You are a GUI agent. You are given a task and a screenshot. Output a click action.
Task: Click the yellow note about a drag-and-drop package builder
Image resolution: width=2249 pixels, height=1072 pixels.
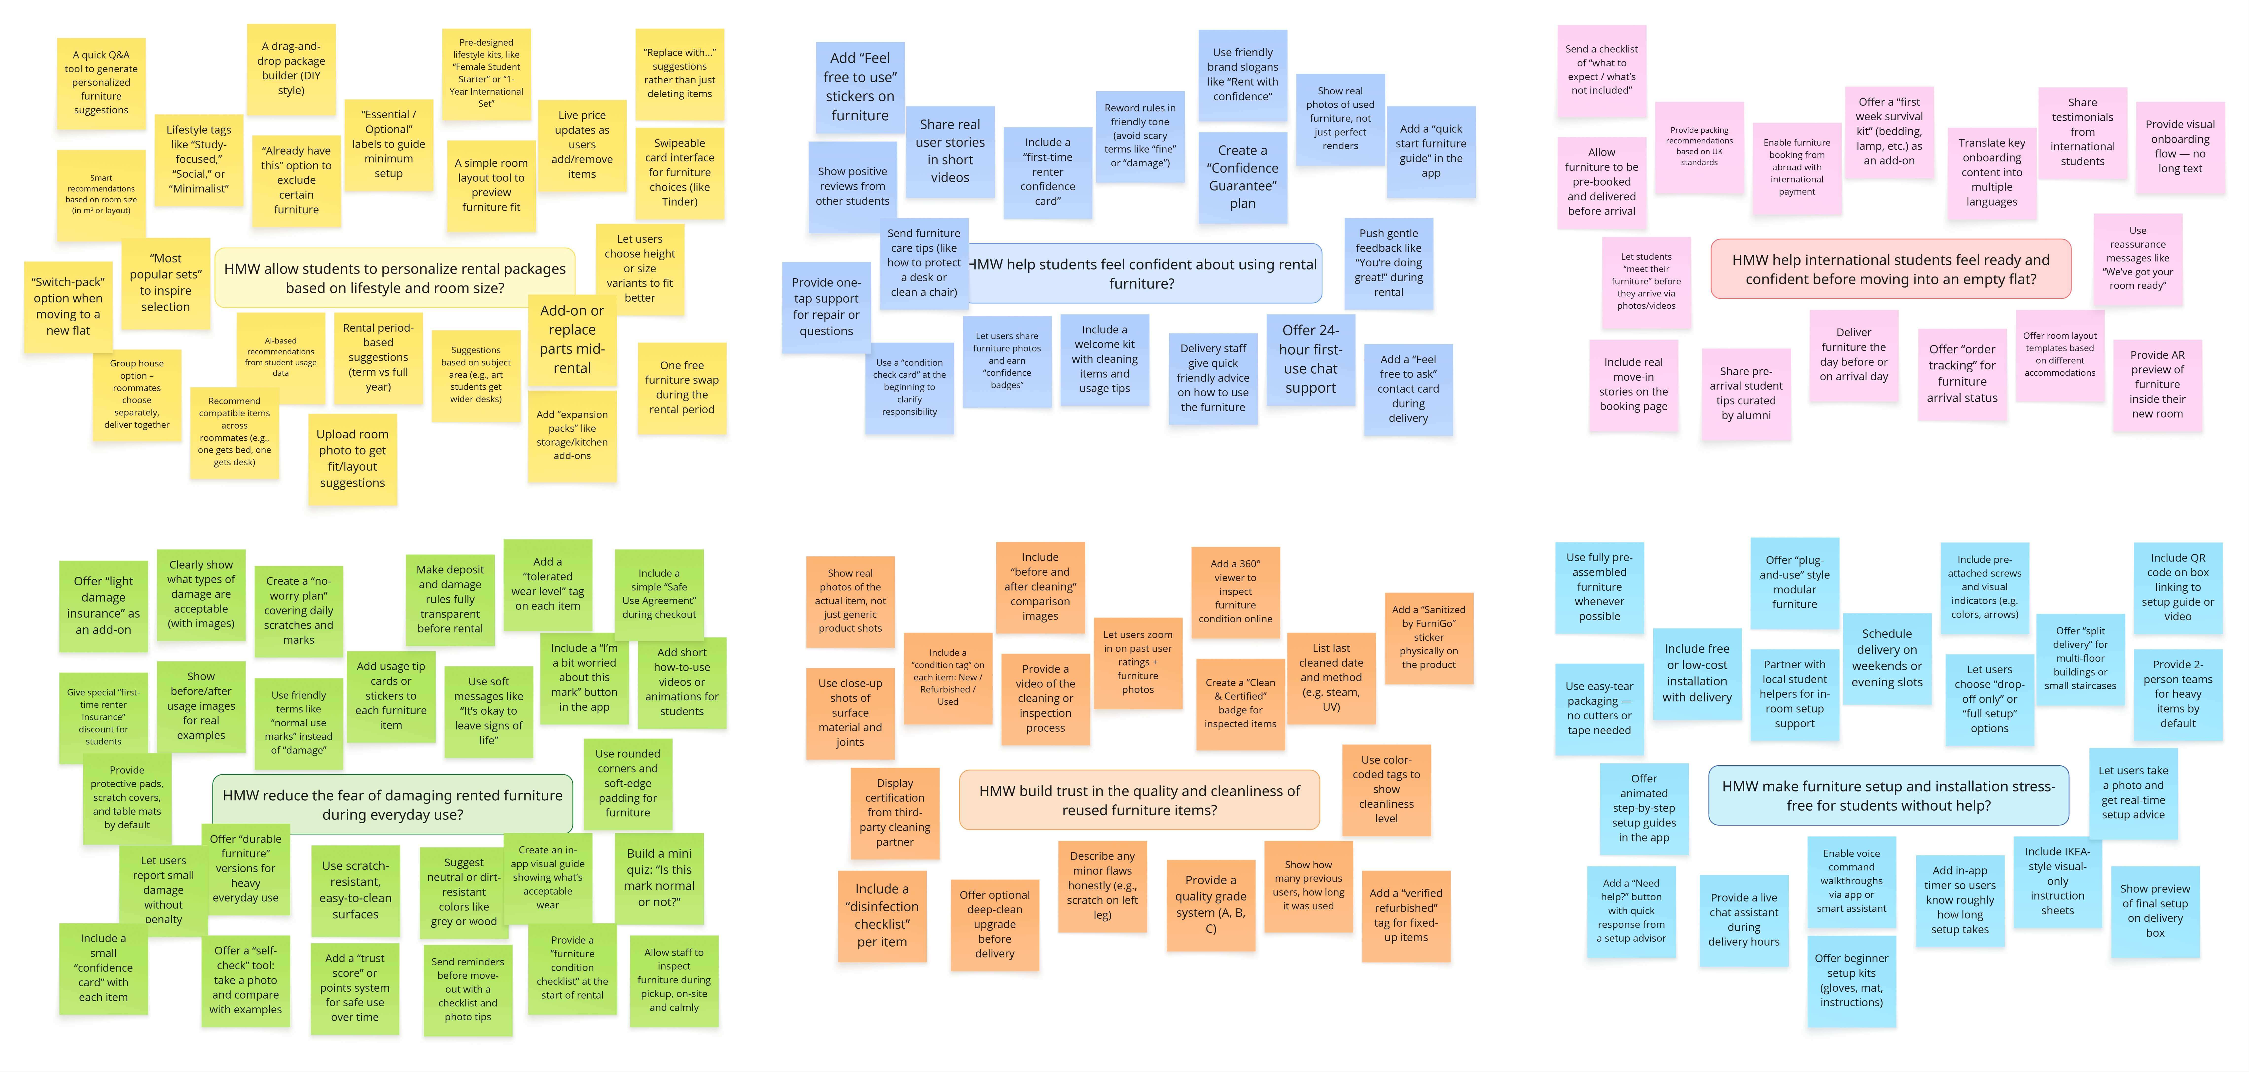tap(291, 69)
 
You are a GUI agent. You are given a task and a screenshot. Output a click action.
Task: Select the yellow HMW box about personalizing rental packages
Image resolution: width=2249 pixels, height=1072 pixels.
tap(395, 277)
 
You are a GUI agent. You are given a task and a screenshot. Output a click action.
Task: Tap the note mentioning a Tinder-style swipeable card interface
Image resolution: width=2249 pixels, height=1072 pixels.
tap(679, 172)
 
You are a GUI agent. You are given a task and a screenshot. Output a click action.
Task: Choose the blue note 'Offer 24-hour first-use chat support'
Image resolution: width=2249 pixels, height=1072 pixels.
tap(1310, 359)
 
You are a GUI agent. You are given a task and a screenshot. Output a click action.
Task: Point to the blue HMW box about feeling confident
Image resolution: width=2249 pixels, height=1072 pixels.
tap(1142, 273)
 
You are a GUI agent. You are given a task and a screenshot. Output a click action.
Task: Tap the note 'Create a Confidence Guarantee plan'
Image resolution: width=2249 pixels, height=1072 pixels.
tap(1242, 176)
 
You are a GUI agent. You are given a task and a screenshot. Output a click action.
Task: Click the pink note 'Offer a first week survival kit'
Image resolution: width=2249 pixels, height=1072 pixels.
tap(1889, 131)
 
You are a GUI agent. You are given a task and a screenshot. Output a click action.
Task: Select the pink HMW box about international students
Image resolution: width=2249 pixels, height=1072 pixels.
tap(1890, 269)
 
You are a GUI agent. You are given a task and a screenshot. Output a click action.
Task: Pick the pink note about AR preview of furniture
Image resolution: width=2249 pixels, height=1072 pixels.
tap(2157, 384)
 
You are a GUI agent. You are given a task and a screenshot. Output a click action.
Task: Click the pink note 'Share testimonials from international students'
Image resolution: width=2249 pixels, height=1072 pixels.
tap(2082, 132)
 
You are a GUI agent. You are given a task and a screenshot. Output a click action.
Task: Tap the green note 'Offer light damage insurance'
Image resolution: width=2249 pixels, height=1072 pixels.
tap(103, 605)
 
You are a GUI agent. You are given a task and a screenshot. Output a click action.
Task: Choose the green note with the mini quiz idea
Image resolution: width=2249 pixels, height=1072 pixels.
tap(659, 877)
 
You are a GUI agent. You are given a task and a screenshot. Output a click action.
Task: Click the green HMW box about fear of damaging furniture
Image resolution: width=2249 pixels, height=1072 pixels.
tap(393, 804)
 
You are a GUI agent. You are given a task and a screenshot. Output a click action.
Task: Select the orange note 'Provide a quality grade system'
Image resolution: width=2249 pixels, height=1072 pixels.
tap(1211, 903)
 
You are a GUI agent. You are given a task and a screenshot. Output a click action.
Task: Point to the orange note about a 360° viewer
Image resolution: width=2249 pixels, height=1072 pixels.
tap(1235, 591)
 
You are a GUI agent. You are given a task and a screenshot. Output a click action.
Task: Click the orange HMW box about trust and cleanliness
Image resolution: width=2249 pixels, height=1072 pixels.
tap(1139, 800)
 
